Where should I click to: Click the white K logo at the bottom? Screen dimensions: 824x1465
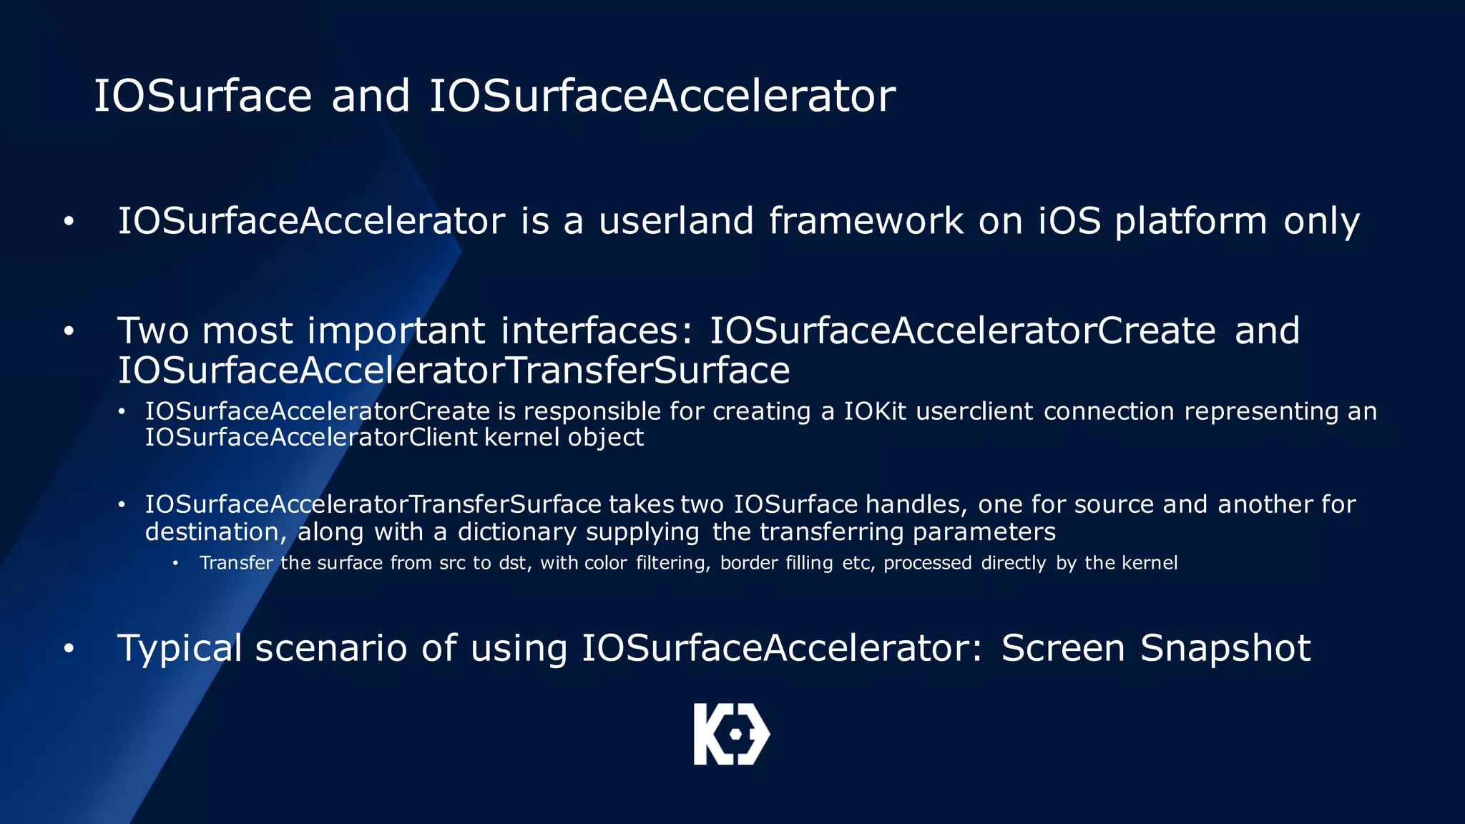coord(731,734)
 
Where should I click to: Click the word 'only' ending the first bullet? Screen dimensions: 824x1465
coord(1321,222)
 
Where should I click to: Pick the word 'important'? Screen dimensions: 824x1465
coord(396,331)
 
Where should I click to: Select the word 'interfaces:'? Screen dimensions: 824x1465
coord(597,330)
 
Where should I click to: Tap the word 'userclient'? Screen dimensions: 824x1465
coord(974,411)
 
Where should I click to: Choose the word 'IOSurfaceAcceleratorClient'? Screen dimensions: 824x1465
coord(311,437)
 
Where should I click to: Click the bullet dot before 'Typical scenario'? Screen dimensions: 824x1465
coord(69,648)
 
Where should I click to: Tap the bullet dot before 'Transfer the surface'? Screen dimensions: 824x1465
coord(175,563)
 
